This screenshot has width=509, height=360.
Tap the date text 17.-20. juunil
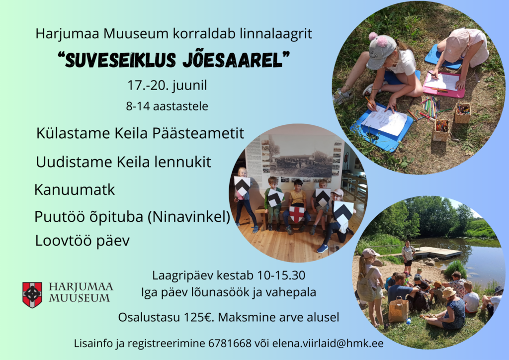pos(167,86)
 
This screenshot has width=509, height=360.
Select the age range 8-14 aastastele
pos(167,106)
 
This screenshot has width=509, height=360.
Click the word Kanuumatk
pos(75,189)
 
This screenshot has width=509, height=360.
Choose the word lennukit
pos(182,162)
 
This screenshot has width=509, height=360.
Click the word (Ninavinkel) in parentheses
pos(189,217)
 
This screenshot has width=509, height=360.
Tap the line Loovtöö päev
pos(82,241)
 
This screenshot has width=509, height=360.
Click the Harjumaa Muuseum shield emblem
pos(32,295)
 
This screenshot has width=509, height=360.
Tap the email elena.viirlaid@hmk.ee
pos(328,343)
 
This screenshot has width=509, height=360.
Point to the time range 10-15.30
pos(281,275)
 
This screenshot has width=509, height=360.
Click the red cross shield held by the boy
pos(297,214)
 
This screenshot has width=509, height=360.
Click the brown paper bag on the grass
pos(398,309)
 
